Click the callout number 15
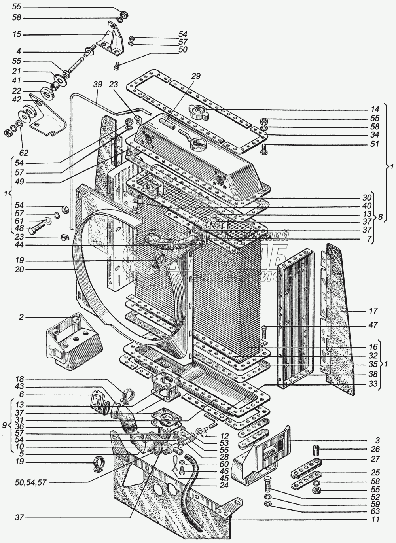pos(17,35)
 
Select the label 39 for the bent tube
pos(98,85)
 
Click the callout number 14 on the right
pos(374,109)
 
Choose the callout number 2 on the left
pos(20,317)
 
